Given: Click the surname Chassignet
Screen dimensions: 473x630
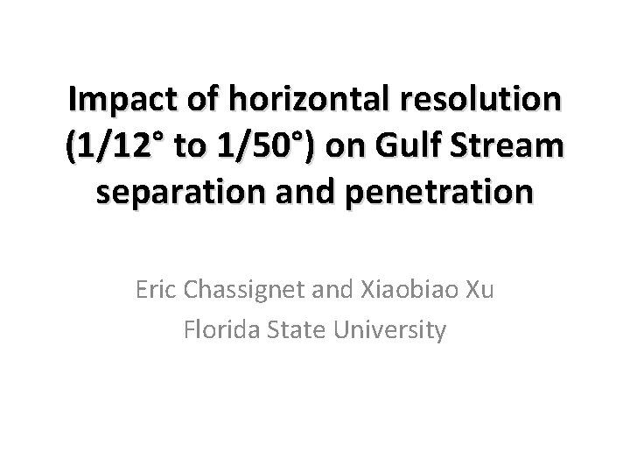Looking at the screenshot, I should pos(250,290).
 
